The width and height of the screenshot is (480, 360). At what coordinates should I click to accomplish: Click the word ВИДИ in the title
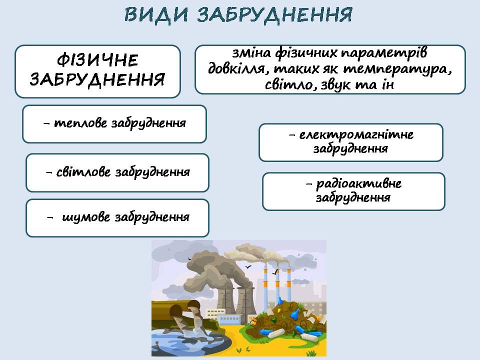point(156,14)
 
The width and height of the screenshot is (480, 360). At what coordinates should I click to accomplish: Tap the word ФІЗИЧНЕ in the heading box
point(97,60)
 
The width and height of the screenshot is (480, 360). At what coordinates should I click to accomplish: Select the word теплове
point(80,123)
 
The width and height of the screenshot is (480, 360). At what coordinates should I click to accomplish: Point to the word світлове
point(83,171)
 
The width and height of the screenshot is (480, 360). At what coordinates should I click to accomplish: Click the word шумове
point(86,217)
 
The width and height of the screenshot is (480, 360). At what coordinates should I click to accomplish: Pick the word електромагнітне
point(356,134)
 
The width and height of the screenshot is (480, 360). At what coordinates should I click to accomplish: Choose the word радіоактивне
point(359,183)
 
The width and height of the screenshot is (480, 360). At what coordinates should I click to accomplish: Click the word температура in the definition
point(397,69)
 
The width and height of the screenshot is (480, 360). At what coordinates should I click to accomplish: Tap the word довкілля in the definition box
point(236,68)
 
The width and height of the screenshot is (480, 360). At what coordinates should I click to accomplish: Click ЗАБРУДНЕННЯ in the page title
point(274,14)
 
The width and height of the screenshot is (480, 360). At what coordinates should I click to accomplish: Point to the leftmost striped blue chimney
point(265,284)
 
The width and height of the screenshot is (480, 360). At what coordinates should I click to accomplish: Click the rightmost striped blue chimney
point(288,284)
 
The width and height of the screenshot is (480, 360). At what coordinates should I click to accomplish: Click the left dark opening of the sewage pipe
point(175,311)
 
